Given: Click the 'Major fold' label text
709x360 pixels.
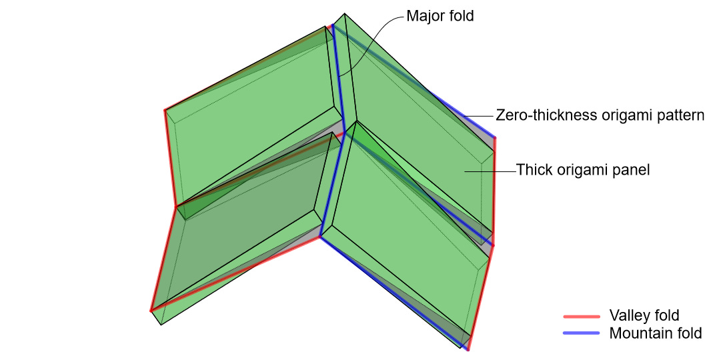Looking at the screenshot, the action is (x=440, y=16).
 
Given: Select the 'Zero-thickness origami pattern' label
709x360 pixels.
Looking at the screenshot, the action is (x=600, y=115).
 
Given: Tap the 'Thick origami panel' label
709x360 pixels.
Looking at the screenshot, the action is (x=583, y=170).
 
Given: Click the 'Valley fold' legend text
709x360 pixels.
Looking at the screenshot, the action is (x=644, y=316).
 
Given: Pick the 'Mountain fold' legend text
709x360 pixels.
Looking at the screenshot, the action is (x=656, y=333).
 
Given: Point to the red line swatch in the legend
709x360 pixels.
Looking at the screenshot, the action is (x=582, y=316).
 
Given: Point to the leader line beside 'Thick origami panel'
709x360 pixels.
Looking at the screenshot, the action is (x=490, y=171).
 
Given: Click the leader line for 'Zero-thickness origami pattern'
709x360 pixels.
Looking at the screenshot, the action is (x=479, y=116).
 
